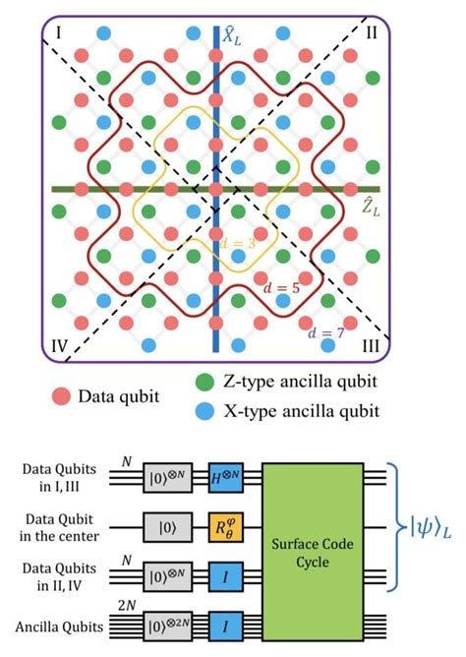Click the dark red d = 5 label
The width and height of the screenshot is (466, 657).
click(x=289, y=287)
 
